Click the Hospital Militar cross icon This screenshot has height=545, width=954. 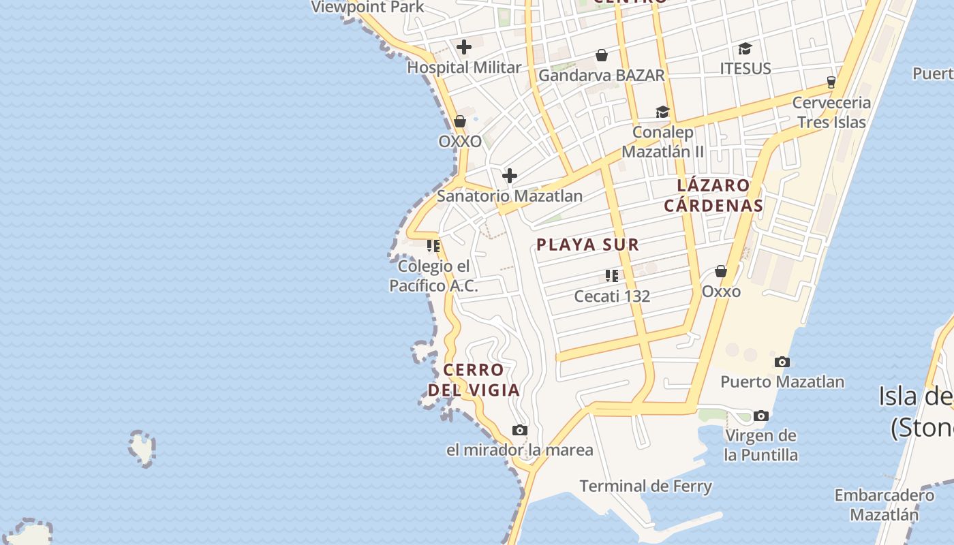click(464, 47)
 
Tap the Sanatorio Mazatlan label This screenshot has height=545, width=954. click(509, 196)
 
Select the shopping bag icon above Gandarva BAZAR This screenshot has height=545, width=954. click(602, 55)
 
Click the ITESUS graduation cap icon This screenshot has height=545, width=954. click(745, 49)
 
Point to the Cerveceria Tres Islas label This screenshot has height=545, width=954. click(831, 112)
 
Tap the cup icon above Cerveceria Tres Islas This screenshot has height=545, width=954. click(831, 82)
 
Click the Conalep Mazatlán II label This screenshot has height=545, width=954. click(663, 142)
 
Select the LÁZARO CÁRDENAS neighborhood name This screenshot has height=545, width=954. click(713, 195)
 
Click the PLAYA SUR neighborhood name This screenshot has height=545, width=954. click(587, 245)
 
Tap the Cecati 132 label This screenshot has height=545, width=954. click(612, 296)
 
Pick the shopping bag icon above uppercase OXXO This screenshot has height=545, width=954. click(460, 122)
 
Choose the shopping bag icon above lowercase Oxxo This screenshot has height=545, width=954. click(721, 271)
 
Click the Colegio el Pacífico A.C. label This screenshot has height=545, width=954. click(433, 276)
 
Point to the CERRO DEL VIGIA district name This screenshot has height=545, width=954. click(474, 380)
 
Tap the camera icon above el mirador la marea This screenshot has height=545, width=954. click(520, 431)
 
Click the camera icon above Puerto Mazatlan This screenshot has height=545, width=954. click(782, 362)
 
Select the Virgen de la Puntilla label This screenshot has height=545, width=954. click(760, 445)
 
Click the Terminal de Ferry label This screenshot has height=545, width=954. click(645, 486)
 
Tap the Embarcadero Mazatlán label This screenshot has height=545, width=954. click(884, 505)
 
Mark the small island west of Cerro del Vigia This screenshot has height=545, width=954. click(142, 448)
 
